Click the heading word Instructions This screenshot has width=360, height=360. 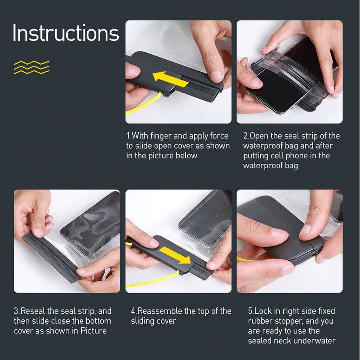click(x=66, y=33)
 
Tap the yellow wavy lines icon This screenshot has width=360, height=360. click(x=32, y=67)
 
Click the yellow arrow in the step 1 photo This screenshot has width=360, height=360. click(x=171, y=79)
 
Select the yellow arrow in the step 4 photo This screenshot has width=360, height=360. click(x=175, y=255)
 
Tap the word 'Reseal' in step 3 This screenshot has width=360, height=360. click(x=33, y=311)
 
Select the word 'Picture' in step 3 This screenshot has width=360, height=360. click(x=93, y=331)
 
